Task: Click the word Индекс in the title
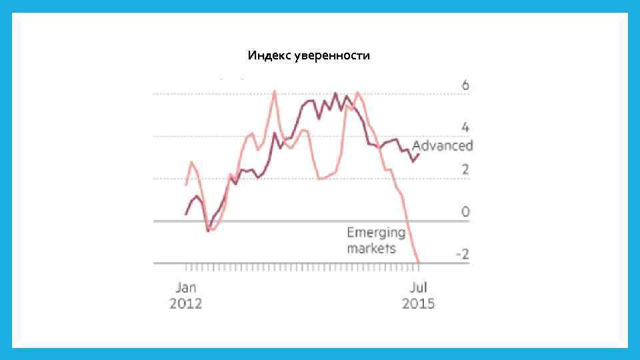pyautogui.click(x=269, y=55)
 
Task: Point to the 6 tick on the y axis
pyautogui.click(x=465, y=85)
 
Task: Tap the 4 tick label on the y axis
pyautogui.click(x=465, y=127)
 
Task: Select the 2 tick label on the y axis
pyautogui.click(x=465, y=170)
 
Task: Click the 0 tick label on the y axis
pyautogui.click(x=465, y=212)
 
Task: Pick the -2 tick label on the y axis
pyautogui.click(x=462, y=255)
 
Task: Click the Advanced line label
pyautogui.click(x=442, y=146)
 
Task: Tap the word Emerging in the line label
pyautogui.click(x=376, y=233)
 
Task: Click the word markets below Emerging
pyautogui.click(x=371, y=249)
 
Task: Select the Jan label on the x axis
pyautogui.click(x=186, y=287)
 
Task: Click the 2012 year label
pyautogui.click(x=186, y=304)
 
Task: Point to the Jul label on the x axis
pyautogui.click(x=418, y=287)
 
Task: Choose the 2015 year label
pyautogui.click(x=418, y=304)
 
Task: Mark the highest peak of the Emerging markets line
pyautogui.click(x=274, y=91)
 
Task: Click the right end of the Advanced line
pyautogui.click(x=418, y=155)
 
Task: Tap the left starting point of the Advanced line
pyautogui.click(x=186, y=214)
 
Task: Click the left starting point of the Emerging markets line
pyautogui.click(x=187, y=185)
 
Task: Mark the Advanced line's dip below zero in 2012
pyautogui.click(x=208, y=230)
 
